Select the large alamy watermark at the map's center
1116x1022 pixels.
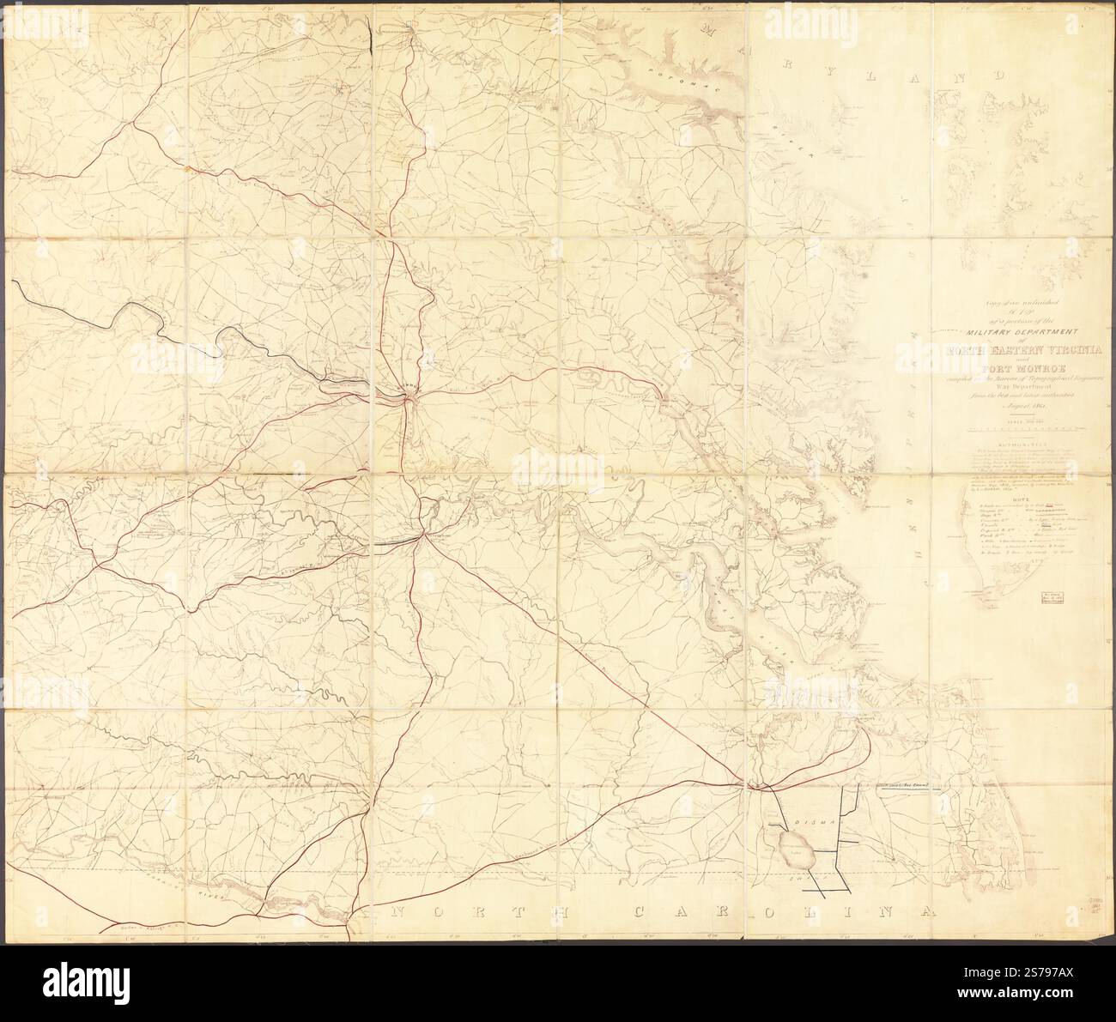pos(558,468)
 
